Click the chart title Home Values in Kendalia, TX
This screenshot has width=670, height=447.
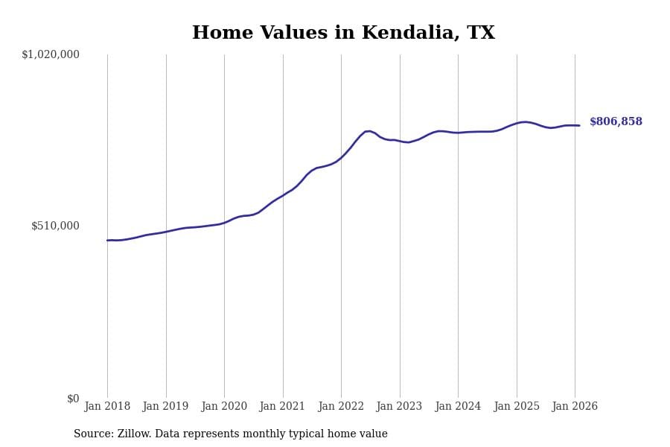pos(343,34)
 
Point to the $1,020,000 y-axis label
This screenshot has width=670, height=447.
pos(51,54)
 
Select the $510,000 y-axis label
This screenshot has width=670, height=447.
pos(55,226)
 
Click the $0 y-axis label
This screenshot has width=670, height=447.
pos(73,399)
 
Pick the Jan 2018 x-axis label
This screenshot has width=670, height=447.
pos(107,407)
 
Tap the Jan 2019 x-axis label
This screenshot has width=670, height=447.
pos(166,407)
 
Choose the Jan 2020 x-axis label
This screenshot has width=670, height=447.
pos(224,407)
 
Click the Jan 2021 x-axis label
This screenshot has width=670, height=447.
pos(283,407)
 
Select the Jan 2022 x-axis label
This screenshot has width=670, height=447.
pos(341,407)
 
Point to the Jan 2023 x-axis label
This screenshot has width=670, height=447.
pos(400,407)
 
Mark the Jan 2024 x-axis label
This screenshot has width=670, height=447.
pos(458,407)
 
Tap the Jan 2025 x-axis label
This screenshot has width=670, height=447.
pos(517,407)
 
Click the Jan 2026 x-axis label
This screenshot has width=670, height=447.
pos(575,407)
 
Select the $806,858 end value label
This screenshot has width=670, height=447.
pos(616,122)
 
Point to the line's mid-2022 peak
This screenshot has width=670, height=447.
pos(368,131)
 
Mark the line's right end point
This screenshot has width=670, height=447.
pos(579,125)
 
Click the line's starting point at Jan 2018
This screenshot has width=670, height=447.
pos(107,240)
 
